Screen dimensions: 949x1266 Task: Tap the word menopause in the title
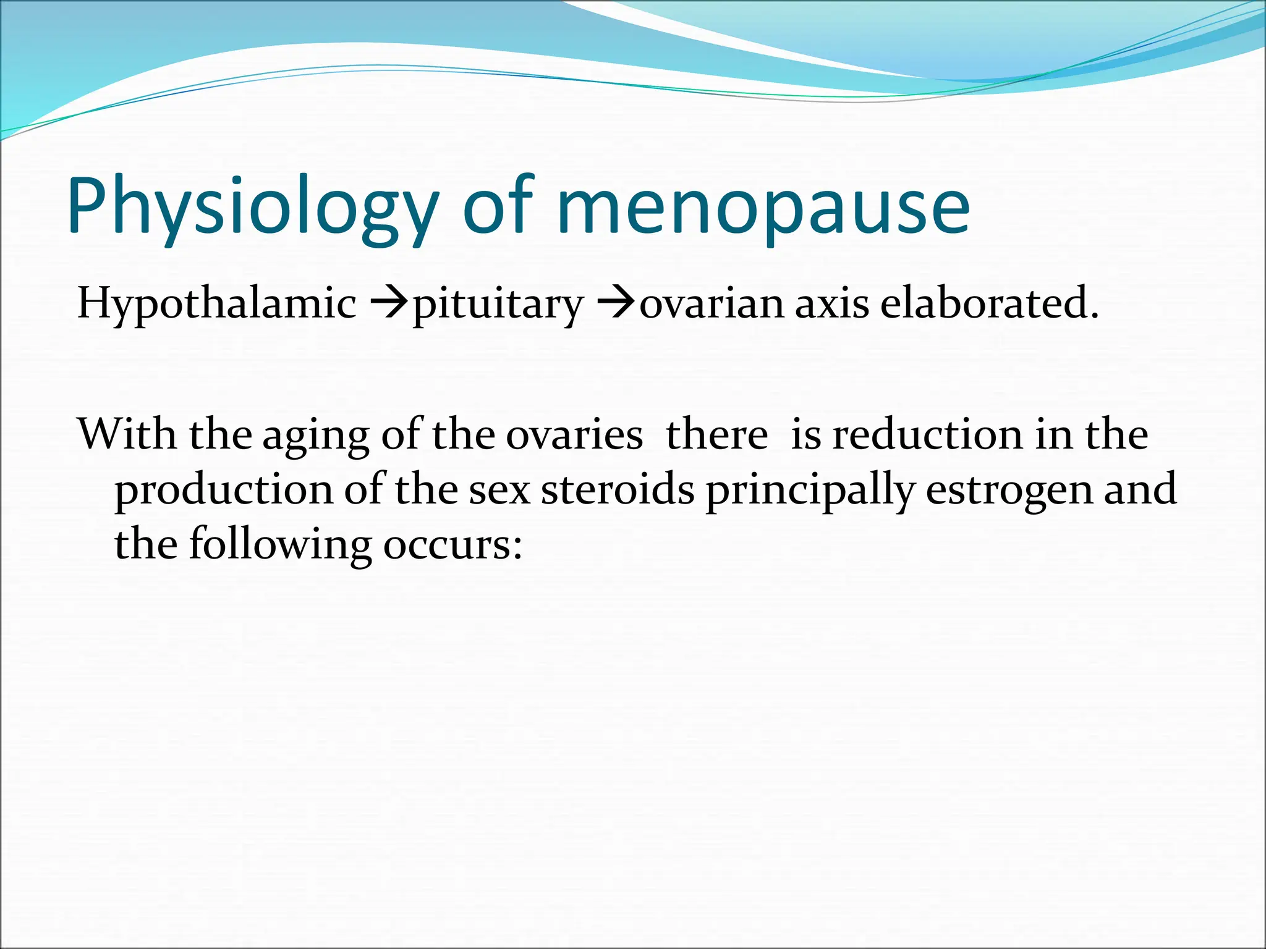coord(763,207)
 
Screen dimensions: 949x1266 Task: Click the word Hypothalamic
coord(216,305)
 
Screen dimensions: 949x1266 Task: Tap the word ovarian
coord(711,305)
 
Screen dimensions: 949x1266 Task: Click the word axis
coord(831,305)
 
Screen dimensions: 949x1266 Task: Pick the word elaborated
coord(989,303)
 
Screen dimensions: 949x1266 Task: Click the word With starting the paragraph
coord(127,434)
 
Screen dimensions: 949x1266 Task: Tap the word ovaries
coord(574,435)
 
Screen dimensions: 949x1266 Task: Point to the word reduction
coord(927,434)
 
